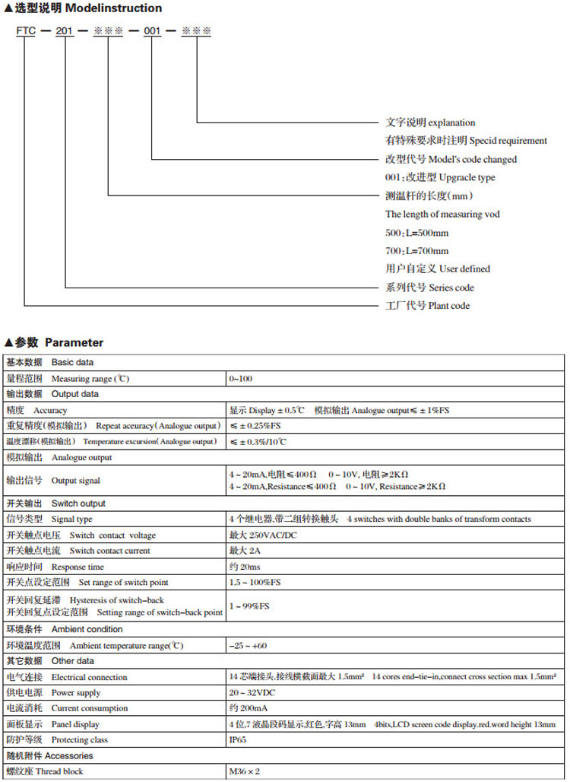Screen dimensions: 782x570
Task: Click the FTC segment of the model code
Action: [25, 34]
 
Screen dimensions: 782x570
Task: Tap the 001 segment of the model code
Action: [153, 34]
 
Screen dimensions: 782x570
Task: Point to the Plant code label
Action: [427, 306]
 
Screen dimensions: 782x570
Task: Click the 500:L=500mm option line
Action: [416, 233]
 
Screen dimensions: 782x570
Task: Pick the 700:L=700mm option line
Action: [416, 251]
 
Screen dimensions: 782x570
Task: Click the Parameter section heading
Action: [59, 342]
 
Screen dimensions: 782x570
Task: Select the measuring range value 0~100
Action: [241, 378]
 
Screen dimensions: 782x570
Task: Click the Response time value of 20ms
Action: [245, 567]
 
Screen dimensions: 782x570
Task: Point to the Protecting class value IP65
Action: [239, 739]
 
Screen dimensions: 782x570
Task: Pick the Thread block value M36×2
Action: [245, 771]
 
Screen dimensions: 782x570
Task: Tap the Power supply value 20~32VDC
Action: [252, 693]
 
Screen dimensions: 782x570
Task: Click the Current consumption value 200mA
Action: [248, 708]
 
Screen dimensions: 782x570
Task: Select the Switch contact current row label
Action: [78, 551]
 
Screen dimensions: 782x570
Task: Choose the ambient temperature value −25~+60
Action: [248, 646]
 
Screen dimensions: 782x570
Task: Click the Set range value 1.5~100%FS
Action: [255, 582]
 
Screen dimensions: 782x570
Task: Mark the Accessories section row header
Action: [49, 755]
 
